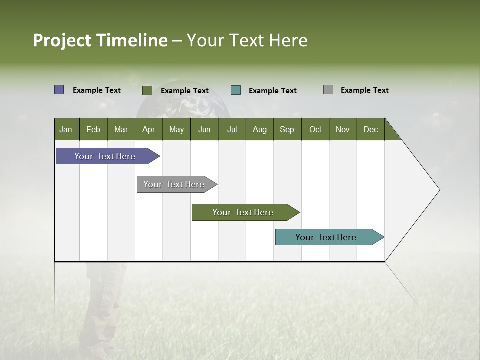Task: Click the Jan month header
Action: [66, 129]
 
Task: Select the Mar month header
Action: [121, 129]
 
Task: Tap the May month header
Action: [176, 129]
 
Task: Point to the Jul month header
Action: [232, 129]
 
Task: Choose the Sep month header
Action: [287, 129]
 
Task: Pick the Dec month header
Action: [370, 129]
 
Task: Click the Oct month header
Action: [315, 129]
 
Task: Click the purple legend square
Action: [59, 90]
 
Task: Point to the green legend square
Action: [147, 90]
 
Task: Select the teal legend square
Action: [236, 90]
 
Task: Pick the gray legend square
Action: [328, 90]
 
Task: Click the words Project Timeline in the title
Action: [100, 40]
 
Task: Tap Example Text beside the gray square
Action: [364, 90]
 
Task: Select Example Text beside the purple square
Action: [96, 90]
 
